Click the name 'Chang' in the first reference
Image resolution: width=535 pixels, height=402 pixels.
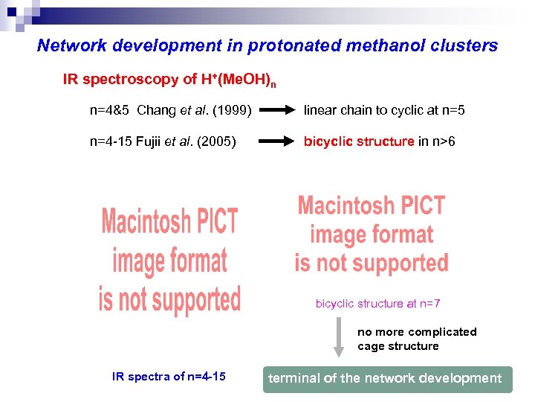157,111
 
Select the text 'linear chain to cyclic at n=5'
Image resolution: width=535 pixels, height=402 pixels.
384,111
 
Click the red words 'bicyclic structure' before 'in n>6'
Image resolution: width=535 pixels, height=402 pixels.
358,141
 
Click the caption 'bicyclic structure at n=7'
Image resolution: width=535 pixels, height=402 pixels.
377,304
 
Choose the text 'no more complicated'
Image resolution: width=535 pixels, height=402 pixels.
417,332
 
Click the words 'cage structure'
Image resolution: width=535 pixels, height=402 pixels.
398,346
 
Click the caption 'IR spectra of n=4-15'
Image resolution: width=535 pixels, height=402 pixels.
169,377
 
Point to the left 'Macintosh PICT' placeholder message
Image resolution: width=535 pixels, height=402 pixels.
169,222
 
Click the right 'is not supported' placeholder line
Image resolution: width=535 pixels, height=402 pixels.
372,263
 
